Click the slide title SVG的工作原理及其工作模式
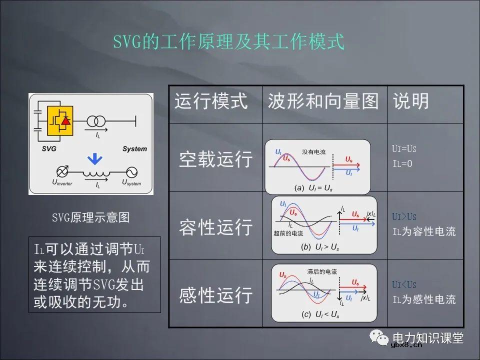pyautogui.click(x=228, y=42)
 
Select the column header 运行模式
pyautogui.click(x=210, y=101)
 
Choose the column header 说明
pyautogui.click(x=411, y=101)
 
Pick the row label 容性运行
pyautogui.click(x=215, y=227)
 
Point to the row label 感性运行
pyautogui.click(x=215, y=295)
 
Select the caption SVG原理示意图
pyautogui.click(x=91, y=217)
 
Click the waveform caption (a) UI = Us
pyautogui.click(x=313, y=188)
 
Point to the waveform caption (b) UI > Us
pyautogui.click(x=319, y=247)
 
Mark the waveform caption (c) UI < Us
pyautogui.click(x=320, y=314)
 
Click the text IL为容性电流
pyautogui.click(x=423, y=232)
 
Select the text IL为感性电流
pyautogui.click(x=423, y=299)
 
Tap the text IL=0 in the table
pyautogui.click(x=402, y=163)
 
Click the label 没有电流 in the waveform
pyautogui.click(x=313, y=151)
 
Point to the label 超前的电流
pyautogui.click(x=288, y=233)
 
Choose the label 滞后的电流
pyautogui.click(x=322, y=271)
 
